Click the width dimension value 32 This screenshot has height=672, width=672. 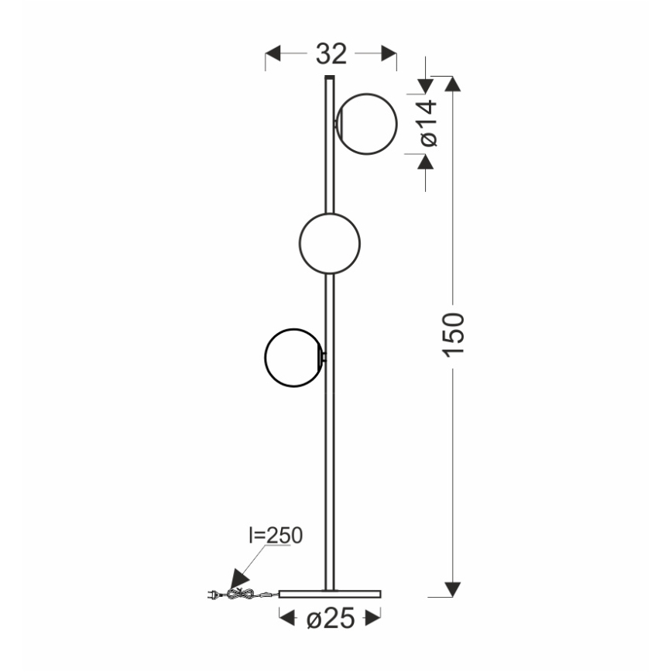[331, 54]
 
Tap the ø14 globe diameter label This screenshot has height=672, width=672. [428, 123]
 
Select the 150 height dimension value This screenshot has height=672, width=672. [454, 334]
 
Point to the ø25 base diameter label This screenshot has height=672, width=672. [331, 619]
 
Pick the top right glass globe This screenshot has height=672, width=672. [365, 123]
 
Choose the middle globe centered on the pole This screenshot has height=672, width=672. [330, 243]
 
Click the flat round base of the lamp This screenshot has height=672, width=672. [331, 593]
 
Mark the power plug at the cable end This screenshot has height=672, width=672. [212, 595]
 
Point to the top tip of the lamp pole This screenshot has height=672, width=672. [330, 77]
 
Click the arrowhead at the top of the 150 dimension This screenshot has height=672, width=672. [454, 84]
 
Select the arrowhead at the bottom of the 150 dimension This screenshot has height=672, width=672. [454, 589]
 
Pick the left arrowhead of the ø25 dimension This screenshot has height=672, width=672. [287, 619]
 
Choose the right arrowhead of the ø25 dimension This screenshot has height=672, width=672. [374, 619]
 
